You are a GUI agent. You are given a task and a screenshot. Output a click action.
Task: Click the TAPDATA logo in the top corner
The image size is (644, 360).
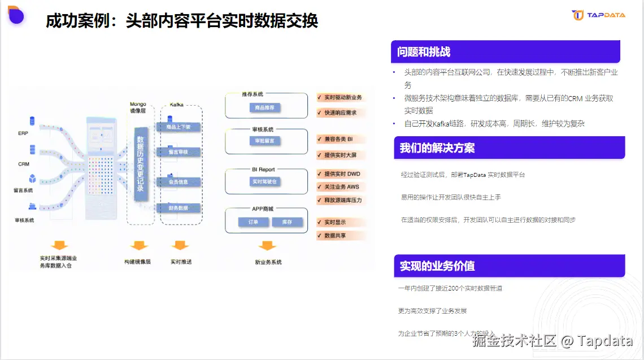[x=598, y=15]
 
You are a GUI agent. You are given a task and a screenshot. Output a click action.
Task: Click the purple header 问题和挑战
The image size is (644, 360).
[x=505, y=52]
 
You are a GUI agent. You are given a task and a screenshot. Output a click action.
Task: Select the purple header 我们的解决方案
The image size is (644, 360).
[x=509, y=148]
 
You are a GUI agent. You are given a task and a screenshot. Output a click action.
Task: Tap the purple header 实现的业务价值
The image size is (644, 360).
[x=509, y=266]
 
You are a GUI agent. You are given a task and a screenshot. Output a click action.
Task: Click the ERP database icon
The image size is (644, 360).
[x=32, y=121]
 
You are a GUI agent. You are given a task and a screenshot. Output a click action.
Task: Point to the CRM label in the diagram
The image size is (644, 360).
[x=23, y=164]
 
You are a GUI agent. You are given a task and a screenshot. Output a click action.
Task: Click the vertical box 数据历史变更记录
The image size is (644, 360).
[x=140, y=164]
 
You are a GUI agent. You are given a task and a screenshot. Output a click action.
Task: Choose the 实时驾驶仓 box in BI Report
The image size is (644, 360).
[x=264, y=181]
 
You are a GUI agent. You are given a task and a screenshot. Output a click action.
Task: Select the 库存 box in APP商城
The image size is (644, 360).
[x=286, y=222]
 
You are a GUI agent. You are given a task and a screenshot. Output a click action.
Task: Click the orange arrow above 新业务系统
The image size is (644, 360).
[x=267, y=246]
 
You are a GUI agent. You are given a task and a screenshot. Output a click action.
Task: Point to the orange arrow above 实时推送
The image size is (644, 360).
[x=180, y=246]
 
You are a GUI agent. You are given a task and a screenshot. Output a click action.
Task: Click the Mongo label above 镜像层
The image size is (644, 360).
[x=138, y=104]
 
